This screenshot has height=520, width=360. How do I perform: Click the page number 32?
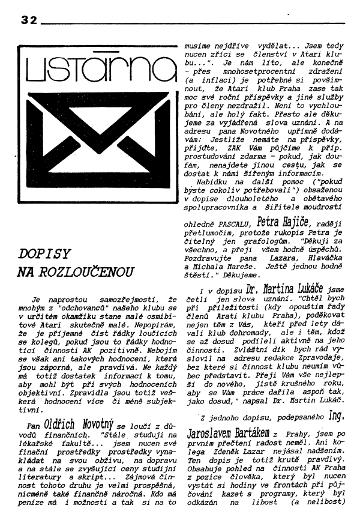[x=28, y=20]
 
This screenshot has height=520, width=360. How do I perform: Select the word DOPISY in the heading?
[x=44, y=253]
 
